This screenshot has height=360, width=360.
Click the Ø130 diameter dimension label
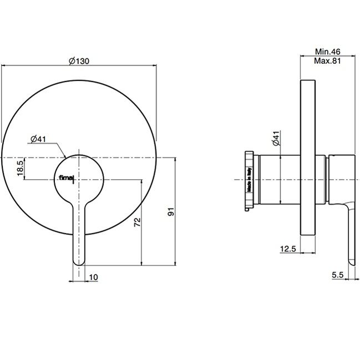pyautogui.click(x=79, y=61)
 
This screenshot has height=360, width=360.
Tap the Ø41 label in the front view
pyautogui.click(x=38, y=139)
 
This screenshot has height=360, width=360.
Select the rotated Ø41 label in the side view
pyautogui.click(x=276, y=138)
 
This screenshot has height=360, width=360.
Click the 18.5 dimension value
pyautogui.click(x=20, y=168)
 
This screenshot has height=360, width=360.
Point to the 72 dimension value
pyautogui.click(x=138, y=222)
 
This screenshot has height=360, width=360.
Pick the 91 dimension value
pyautogui.click(x=171, y=212)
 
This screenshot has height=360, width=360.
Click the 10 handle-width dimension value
pyautogui.click(x=93, y=277)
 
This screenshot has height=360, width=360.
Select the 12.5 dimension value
pyautogui.click(x=288, y=249)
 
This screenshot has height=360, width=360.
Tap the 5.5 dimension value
pyautogui.click(x=337, y=275)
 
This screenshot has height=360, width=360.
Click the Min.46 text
pyautogui.click(x=328, y=52)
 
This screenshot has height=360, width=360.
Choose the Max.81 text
pyautogui.click(x=328, y=61)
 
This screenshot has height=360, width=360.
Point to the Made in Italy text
pyautogui.click(x=249, y=180)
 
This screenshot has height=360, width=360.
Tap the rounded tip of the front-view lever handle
pyautogui.click(x=79, y=264)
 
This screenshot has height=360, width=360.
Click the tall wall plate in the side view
pyautogui.click(x=308, y=158)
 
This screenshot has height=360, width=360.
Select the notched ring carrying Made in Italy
pyautogui.click(x=249, y=181)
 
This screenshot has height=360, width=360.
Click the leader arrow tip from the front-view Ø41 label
pyautogui.click(x=65, y=158)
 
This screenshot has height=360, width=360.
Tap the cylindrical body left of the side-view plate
pyautogui.click(x=280, y=180)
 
